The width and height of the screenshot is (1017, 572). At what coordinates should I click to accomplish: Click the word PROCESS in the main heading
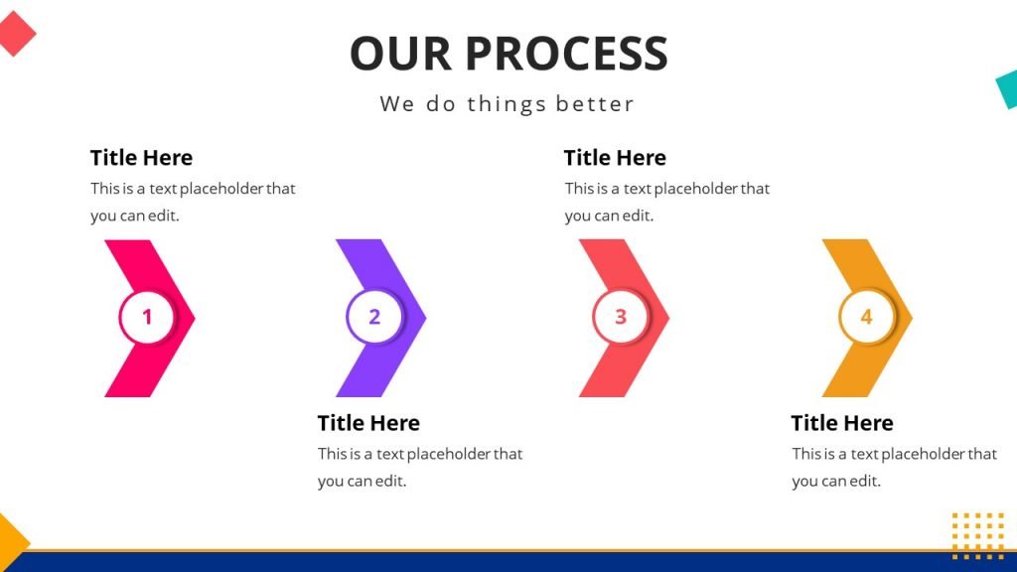tap(566, 54)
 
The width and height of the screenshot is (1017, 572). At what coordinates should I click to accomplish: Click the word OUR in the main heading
tap(401, 54)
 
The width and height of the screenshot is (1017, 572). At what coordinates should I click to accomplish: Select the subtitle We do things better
tap(507, 103)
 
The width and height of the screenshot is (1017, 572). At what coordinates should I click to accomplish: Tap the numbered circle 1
tap(147, 318)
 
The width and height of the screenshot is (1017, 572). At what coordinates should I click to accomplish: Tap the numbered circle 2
tap(374, 318)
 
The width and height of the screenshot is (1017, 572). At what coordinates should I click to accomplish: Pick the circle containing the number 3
tap(621, 318)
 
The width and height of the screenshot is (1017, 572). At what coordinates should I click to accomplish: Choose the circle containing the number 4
tap(866, 318)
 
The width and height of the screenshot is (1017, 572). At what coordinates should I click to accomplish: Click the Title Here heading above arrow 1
tap(141, 158)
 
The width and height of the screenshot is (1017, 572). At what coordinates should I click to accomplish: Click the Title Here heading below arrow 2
tap(368, 423)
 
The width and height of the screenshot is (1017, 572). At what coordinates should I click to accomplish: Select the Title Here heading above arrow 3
tap(615, 158)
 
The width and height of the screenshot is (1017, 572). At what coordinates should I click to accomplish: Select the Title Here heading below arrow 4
tap(842, 423)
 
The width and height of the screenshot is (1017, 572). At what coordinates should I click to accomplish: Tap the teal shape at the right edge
tap(1007, 89)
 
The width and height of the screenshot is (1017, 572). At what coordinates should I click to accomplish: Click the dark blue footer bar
tap(508, 562)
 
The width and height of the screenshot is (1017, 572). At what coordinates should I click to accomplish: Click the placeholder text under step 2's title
tap(419, 467)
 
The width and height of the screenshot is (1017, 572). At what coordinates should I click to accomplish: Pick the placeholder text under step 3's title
tap(666, 202)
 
